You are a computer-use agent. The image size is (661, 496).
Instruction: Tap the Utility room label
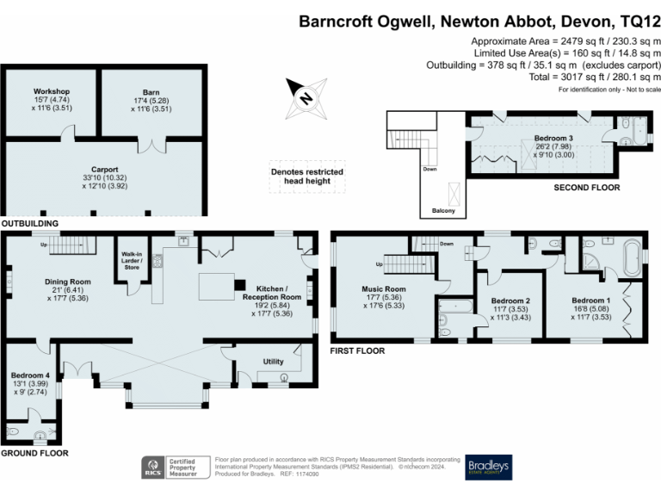coord(273,362)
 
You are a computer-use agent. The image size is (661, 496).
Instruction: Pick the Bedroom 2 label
coord(511,303)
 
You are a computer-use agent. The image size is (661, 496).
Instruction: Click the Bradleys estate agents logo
coord(488,467)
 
